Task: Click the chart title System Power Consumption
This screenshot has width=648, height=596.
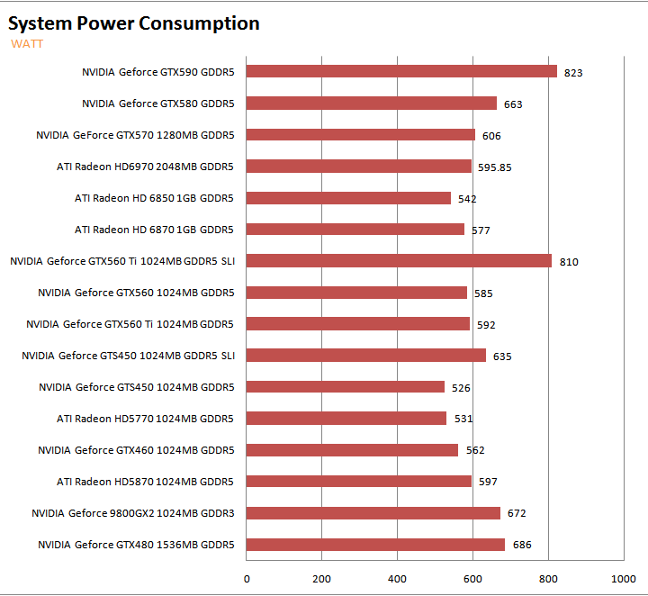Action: coord(134,24)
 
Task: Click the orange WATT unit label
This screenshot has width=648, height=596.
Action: coord(27,43)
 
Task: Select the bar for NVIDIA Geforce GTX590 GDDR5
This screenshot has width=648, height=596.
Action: coord(401,71)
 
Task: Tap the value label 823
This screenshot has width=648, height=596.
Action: coord(573,73)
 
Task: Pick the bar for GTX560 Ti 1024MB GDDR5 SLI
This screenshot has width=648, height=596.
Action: coord(399,260)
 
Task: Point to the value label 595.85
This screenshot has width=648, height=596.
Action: coord(496,167)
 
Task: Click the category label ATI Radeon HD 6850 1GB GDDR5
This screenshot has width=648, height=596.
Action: coord(154,198)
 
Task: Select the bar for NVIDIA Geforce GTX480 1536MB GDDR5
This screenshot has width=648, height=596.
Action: coord(375,544)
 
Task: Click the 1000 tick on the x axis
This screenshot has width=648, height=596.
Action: coord(624,578)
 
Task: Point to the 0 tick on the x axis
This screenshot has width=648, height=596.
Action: coord(247,578)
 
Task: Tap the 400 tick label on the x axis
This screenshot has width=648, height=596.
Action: coord(398,578)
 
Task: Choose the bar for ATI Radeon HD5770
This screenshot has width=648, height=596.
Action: coord(346,418)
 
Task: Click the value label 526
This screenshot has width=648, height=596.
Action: coord(461,388)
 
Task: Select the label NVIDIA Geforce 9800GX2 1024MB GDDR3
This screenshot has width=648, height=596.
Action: coord(132,513)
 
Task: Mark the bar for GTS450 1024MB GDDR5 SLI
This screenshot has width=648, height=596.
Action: coord(366,355)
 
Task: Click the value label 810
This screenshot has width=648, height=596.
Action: coord(569,262)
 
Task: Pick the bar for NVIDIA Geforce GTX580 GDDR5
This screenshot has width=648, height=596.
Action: coord(372,103)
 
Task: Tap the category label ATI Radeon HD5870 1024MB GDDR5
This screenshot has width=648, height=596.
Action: coord(145,482)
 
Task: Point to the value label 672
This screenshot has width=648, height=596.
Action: coord(517,514)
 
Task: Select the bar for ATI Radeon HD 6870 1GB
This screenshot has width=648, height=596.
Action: coord(355,229)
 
